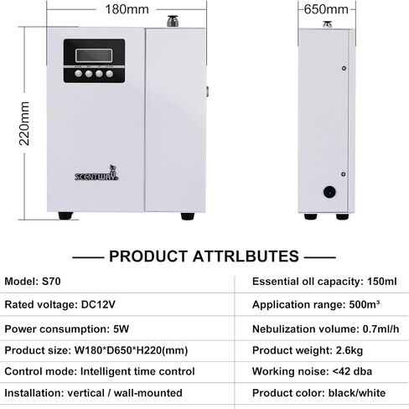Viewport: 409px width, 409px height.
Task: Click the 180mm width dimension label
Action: point(127,9)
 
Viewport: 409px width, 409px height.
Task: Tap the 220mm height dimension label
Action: point(24,123)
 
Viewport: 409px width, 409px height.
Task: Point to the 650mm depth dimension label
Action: point(326,9)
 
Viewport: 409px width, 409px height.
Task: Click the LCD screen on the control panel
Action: point(94,55)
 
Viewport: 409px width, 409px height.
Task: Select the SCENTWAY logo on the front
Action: point(96,173)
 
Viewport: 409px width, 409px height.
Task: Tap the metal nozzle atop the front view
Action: point(173,21)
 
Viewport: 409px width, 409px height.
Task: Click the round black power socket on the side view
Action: point(329,192)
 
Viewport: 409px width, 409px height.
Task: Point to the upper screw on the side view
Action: point(344,68)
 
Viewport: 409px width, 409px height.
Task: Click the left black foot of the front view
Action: point(65,215)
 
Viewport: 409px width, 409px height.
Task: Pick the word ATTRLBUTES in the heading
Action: point(246,256)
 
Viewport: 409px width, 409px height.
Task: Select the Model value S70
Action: point(51,281)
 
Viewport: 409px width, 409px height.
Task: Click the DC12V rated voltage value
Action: point(98,304)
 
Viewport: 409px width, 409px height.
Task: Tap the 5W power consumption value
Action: point(121,329)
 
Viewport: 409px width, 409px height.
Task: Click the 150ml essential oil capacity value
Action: point(382,282)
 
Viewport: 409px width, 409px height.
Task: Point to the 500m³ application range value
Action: point(365,304)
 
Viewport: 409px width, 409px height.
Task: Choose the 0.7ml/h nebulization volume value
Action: point(381,329)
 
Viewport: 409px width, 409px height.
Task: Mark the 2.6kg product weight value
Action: point(349,350)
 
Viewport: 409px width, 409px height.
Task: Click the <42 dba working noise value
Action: point(352,371)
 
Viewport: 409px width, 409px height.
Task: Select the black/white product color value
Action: point(357,393)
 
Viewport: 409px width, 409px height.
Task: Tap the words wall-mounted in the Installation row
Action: point(148,393)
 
